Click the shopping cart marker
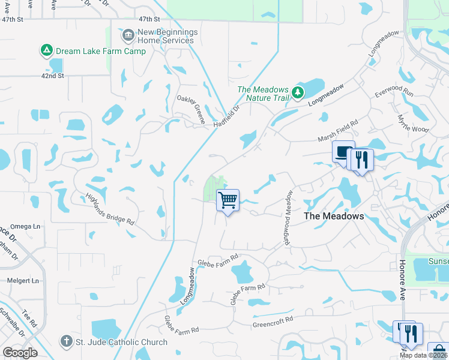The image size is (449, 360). click(x=228, y=200)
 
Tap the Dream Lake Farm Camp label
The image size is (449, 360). click(x=101, y=51)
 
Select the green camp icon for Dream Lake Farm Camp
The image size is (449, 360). click(x=46, y=50)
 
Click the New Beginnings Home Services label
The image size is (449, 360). click(x=165, y=36)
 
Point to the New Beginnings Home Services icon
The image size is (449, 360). click(x=127, y=36)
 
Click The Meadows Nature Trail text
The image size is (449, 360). click(x=264, y=94)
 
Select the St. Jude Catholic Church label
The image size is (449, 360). click(x=121, y=343)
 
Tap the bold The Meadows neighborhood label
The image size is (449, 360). click(x=334, y=216)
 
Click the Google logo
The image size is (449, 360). click(x=20, y=353)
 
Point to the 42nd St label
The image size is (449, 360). click(x=52, y=76)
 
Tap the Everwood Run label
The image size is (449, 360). click(x=394, y=93)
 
